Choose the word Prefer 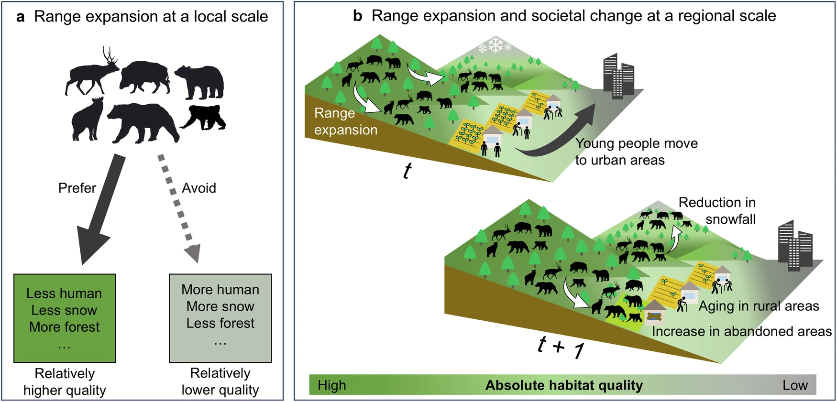point(77,188)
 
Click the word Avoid point(199,188)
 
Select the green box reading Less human point(65,318)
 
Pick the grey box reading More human point(220,318)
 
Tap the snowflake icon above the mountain point(495,46)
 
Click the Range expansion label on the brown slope point(345,121)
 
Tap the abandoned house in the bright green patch point(654,314)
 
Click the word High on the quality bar point(331,385)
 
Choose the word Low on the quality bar point(795,385)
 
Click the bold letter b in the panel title point(357,16)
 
